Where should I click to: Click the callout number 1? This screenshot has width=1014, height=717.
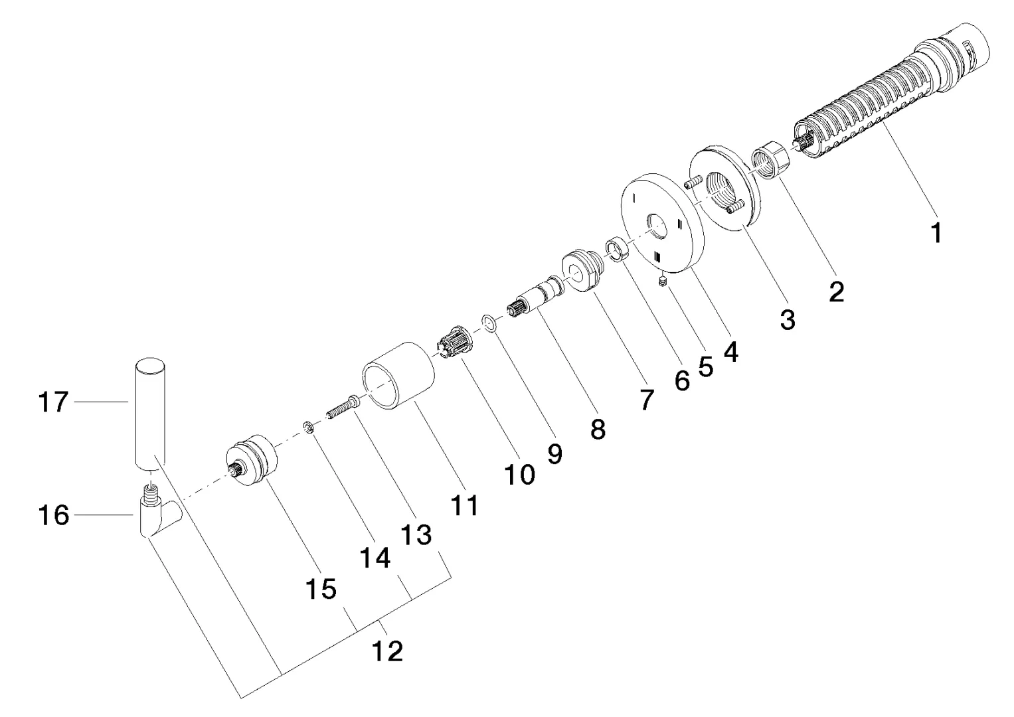(x=936, y=233)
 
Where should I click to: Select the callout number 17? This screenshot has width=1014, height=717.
(x=54, y=402)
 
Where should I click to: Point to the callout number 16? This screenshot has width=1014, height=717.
(x=54, y=515)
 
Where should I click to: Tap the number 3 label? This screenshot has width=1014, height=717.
(x=787, y=320)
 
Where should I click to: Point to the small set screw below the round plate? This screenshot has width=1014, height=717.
(x=662, y=283)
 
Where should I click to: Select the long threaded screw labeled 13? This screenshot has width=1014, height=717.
(x=342, y=407)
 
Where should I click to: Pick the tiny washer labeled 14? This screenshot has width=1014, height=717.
(x=308, y=427)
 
